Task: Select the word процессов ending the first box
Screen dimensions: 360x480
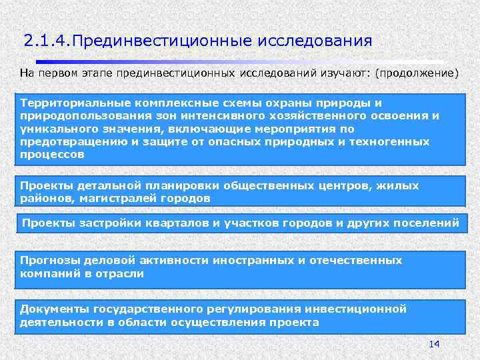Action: click(52, 154)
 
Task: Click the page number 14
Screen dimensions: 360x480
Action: click(434, 343)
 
